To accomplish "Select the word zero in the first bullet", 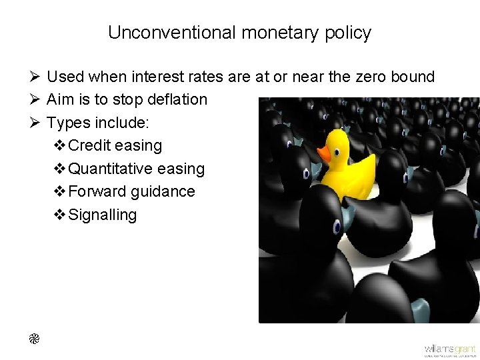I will (x=362, y=77).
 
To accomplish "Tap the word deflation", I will (x=175, y=100).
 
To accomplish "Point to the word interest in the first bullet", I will (x=159, y=77).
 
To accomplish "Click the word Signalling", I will (x=103, y=215).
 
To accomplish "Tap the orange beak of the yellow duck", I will (x=324, y=154).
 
